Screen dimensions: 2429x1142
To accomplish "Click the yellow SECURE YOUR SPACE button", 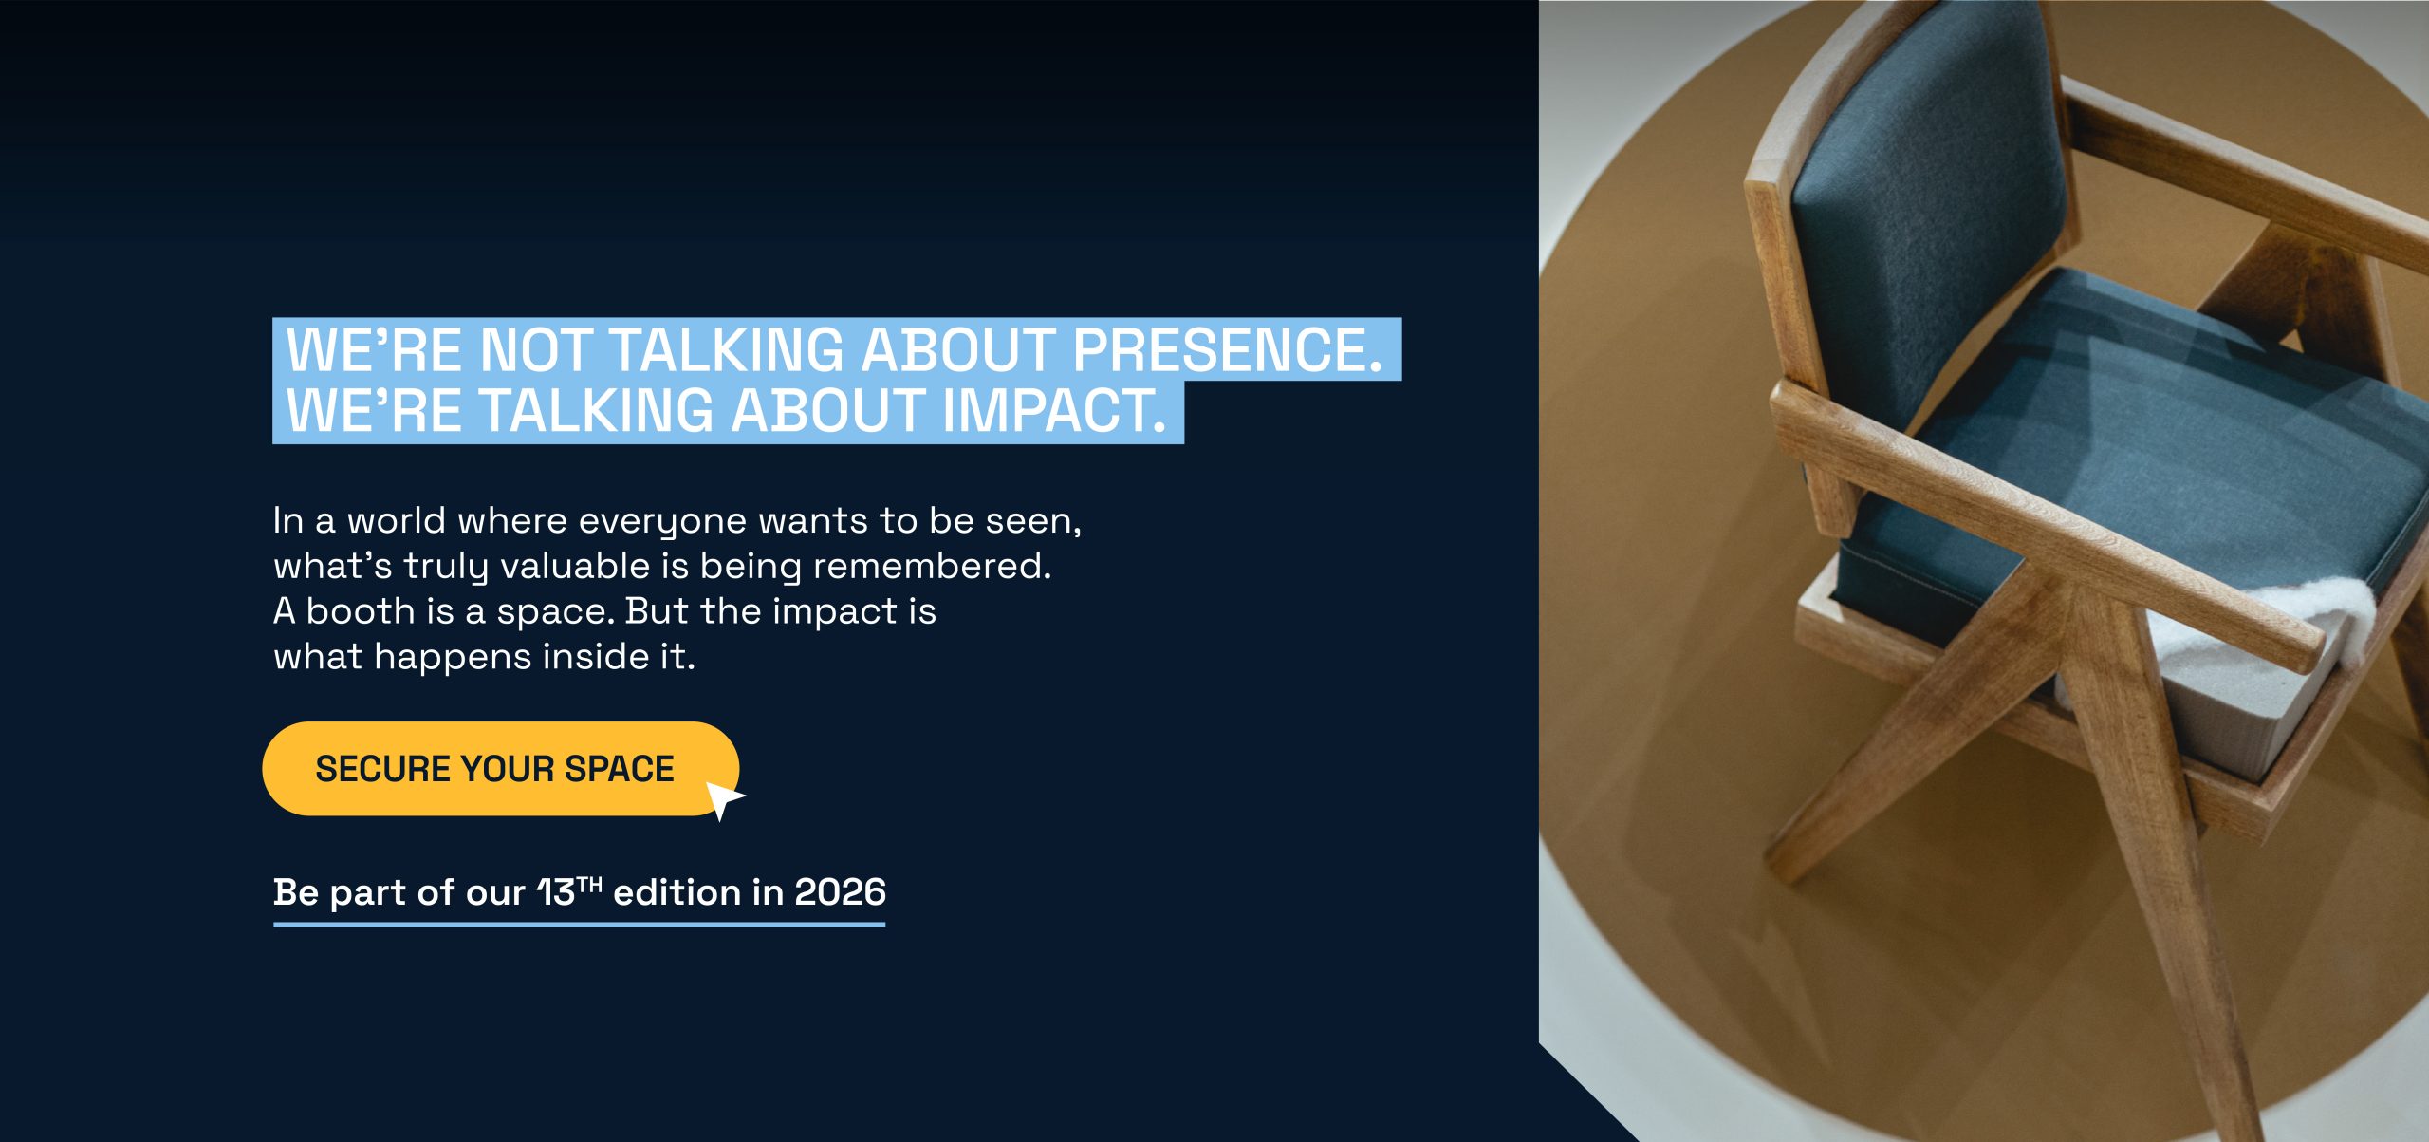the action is tap(500, 768).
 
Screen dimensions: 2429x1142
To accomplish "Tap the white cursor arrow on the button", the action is tap(723, 799).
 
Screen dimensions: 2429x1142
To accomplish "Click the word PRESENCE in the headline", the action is tap(1227, 349).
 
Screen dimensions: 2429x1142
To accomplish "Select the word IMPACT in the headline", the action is tap(1053, 410).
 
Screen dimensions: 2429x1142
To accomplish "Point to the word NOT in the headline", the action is tap(536, 349).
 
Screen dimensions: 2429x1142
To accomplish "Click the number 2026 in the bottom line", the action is tap(840, 892).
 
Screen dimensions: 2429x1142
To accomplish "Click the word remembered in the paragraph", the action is tap(932, 566).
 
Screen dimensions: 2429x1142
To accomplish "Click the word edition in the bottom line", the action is tap(677, 892).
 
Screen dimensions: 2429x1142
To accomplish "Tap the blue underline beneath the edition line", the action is tap(579, 924).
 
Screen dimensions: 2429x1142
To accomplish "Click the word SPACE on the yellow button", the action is tap(620, 769).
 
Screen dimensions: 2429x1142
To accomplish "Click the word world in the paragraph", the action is tap(397, 520).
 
